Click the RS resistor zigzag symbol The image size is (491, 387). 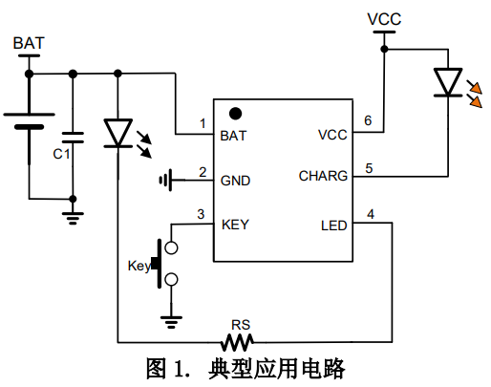point(237,342)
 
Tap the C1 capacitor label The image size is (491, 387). point(61,154)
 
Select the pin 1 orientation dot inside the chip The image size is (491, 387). point(235,114)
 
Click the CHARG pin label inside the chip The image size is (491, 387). point(323,176)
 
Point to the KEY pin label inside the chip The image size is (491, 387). point(235,225)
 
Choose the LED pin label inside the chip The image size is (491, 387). point(333,226)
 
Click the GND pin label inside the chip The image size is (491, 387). point(235,181)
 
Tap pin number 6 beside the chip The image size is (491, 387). point(368,120)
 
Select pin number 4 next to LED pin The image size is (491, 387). point(371,214)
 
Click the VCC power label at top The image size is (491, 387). point(384,19)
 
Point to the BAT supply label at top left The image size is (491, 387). point(29,43)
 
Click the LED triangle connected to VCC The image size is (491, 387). point(448,82)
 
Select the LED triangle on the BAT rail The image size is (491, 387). point(117,133)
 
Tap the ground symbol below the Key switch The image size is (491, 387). point(171,322)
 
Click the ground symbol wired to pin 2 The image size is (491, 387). point(166,181)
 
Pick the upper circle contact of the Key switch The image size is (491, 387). point(171,247)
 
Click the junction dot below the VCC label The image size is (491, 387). point(384,49)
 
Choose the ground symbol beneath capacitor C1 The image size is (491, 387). point(73,218)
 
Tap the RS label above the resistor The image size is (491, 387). point(241,325)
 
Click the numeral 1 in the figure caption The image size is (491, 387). point(179,369)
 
